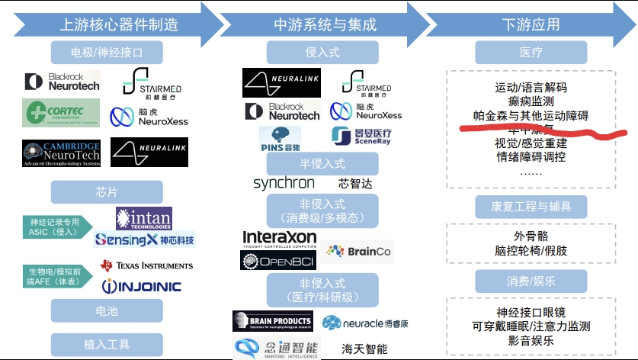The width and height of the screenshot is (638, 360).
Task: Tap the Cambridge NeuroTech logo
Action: pyautogui.click(x=61, y=153)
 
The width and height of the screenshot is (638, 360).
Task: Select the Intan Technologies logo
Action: pyautogui.click(x=143, y=218)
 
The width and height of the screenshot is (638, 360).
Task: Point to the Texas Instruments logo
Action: pyautogui.click(x=146, y=265)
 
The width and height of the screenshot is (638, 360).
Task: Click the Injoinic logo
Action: pyautogui.click(x=142, y=286)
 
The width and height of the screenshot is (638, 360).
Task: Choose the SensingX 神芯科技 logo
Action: pyautogui.click(x=144, y=239)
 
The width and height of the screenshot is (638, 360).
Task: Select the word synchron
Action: pyautogui.click(x=284, y=183)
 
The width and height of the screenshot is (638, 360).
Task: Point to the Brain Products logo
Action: pyautogui.click(x=272, y=321)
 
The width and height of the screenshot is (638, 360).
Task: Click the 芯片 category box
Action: pyautogui.click(x=107, y=191)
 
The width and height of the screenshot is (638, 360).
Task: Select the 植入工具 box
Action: pyautogui.click(x=107, y=343)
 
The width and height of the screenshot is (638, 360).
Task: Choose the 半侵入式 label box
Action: pyautogui.click(x=322, y=163)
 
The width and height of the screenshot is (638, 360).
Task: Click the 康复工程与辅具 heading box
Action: pyautogui.click(x=531, y=206)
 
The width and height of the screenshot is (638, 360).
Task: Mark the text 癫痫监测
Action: pyautogui.click(x=531, y=101)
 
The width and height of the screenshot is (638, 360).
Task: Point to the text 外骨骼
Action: pyautogui.click(x=531, y=236)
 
